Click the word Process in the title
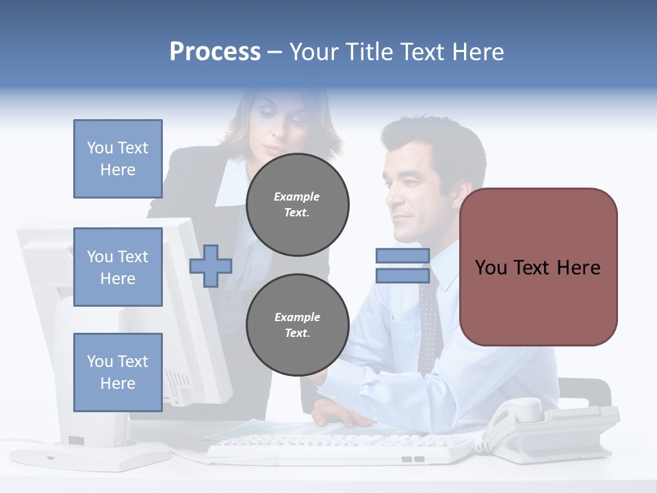click(215, 52)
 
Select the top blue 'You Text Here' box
click(118, 159)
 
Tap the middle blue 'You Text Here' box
click(118, 267)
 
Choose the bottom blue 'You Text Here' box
click(118, 372)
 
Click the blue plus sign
click(210, 266)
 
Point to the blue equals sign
click(402, 266)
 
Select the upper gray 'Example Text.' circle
click(298, 205)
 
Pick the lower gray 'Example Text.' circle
click(298, 325)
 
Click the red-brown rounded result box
click(538, 267)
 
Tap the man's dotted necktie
click(429, 322)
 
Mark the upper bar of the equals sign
click(402, 256)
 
